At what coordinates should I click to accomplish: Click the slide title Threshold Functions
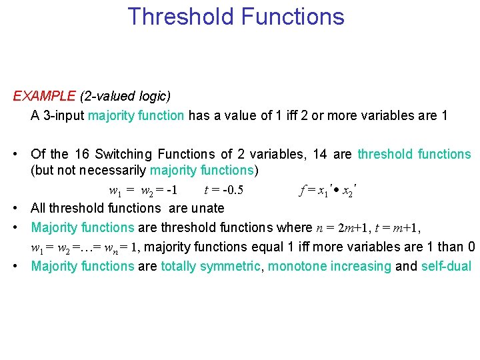tap(236, 17)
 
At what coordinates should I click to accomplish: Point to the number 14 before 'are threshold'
tap(319, 155)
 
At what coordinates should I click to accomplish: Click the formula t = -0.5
tap(223, 190)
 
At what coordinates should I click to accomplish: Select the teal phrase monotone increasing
tap(329, 267)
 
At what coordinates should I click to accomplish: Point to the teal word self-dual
tap(446, 267)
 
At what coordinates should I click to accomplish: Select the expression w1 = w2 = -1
tap(143, 190)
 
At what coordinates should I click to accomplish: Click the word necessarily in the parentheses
tap(111, 170)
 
